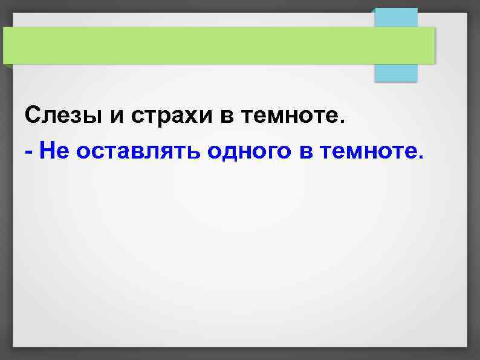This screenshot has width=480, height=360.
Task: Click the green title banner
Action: point(218,45)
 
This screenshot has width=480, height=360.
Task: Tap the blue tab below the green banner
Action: point(396,73)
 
